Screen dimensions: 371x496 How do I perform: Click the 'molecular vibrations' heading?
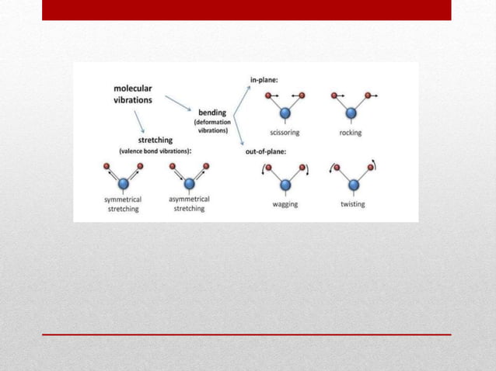click(133, 94)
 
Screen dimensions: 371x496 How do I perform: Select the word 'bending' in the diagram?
click(212, 113)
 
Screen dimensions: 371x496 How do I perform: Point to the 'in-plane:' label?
click(264, 80)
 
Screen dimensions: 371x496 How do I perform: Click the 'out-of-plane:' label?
click(266, 151)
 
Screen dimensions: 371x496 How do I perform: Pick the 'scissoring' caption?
click(285, 133)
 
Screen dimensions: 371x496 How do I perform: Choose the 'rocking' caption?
click(351, 133)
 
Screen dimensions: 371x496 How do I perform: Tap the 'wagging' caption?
click(285, 204)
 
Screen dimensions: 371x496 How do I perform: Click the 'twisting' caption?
click(353, 204)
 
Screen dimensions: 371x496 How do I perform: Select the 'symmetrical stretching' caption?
click(123, 204)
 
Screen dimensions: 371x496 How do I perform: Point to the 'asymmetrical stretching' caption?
click(189, 203)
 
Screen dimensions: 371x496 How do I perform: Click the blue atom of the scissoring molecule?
click(285, 114)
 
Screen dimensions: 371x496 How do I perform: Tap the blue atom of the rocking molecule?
click(351, 114)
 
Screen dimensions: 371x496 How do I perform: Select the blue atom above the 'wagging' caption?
click(285, 185)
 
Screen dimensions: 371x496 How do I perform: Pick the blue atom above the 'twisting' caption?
click(354, 185)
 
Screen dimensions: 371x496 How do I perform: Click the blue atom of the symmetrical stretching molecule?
click(123, 184)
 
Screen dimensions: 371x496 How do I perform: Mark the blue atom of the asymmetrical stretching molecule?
click(189, 184)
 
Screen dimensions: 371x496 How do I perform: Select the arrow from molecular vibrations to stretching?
click(141, 121)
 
